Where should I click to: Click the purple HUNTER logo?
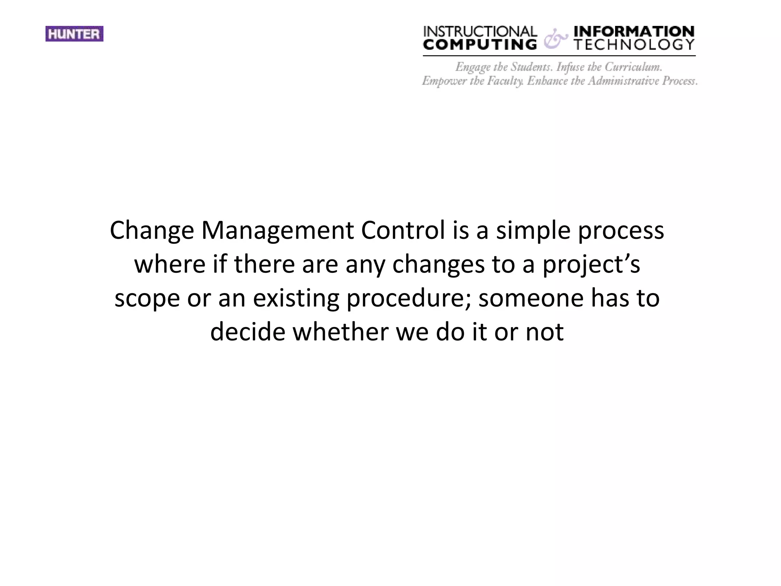coord(74,34)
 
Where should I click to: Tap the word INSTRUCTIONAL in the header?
coord(480,32)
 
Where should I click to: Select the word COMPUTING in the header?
coord(480,45)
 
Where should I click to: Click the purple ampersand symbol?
coord(554,40)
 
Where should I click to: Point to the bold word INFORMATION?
coord(634,31)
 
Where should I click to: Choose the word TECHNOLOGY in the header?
coord(634,45)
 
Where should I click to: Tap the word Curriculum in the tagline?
coord(633,67)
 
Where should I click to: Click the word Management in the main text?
coord(278,231)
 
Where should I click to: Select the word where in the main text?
coord(170,264)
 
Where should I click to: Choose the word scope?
coord(147,298)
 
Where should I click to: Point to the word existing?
coord(296,298)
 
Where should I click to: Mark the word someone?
coord(531,298)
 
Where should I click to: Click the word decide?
coord(247,332)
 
